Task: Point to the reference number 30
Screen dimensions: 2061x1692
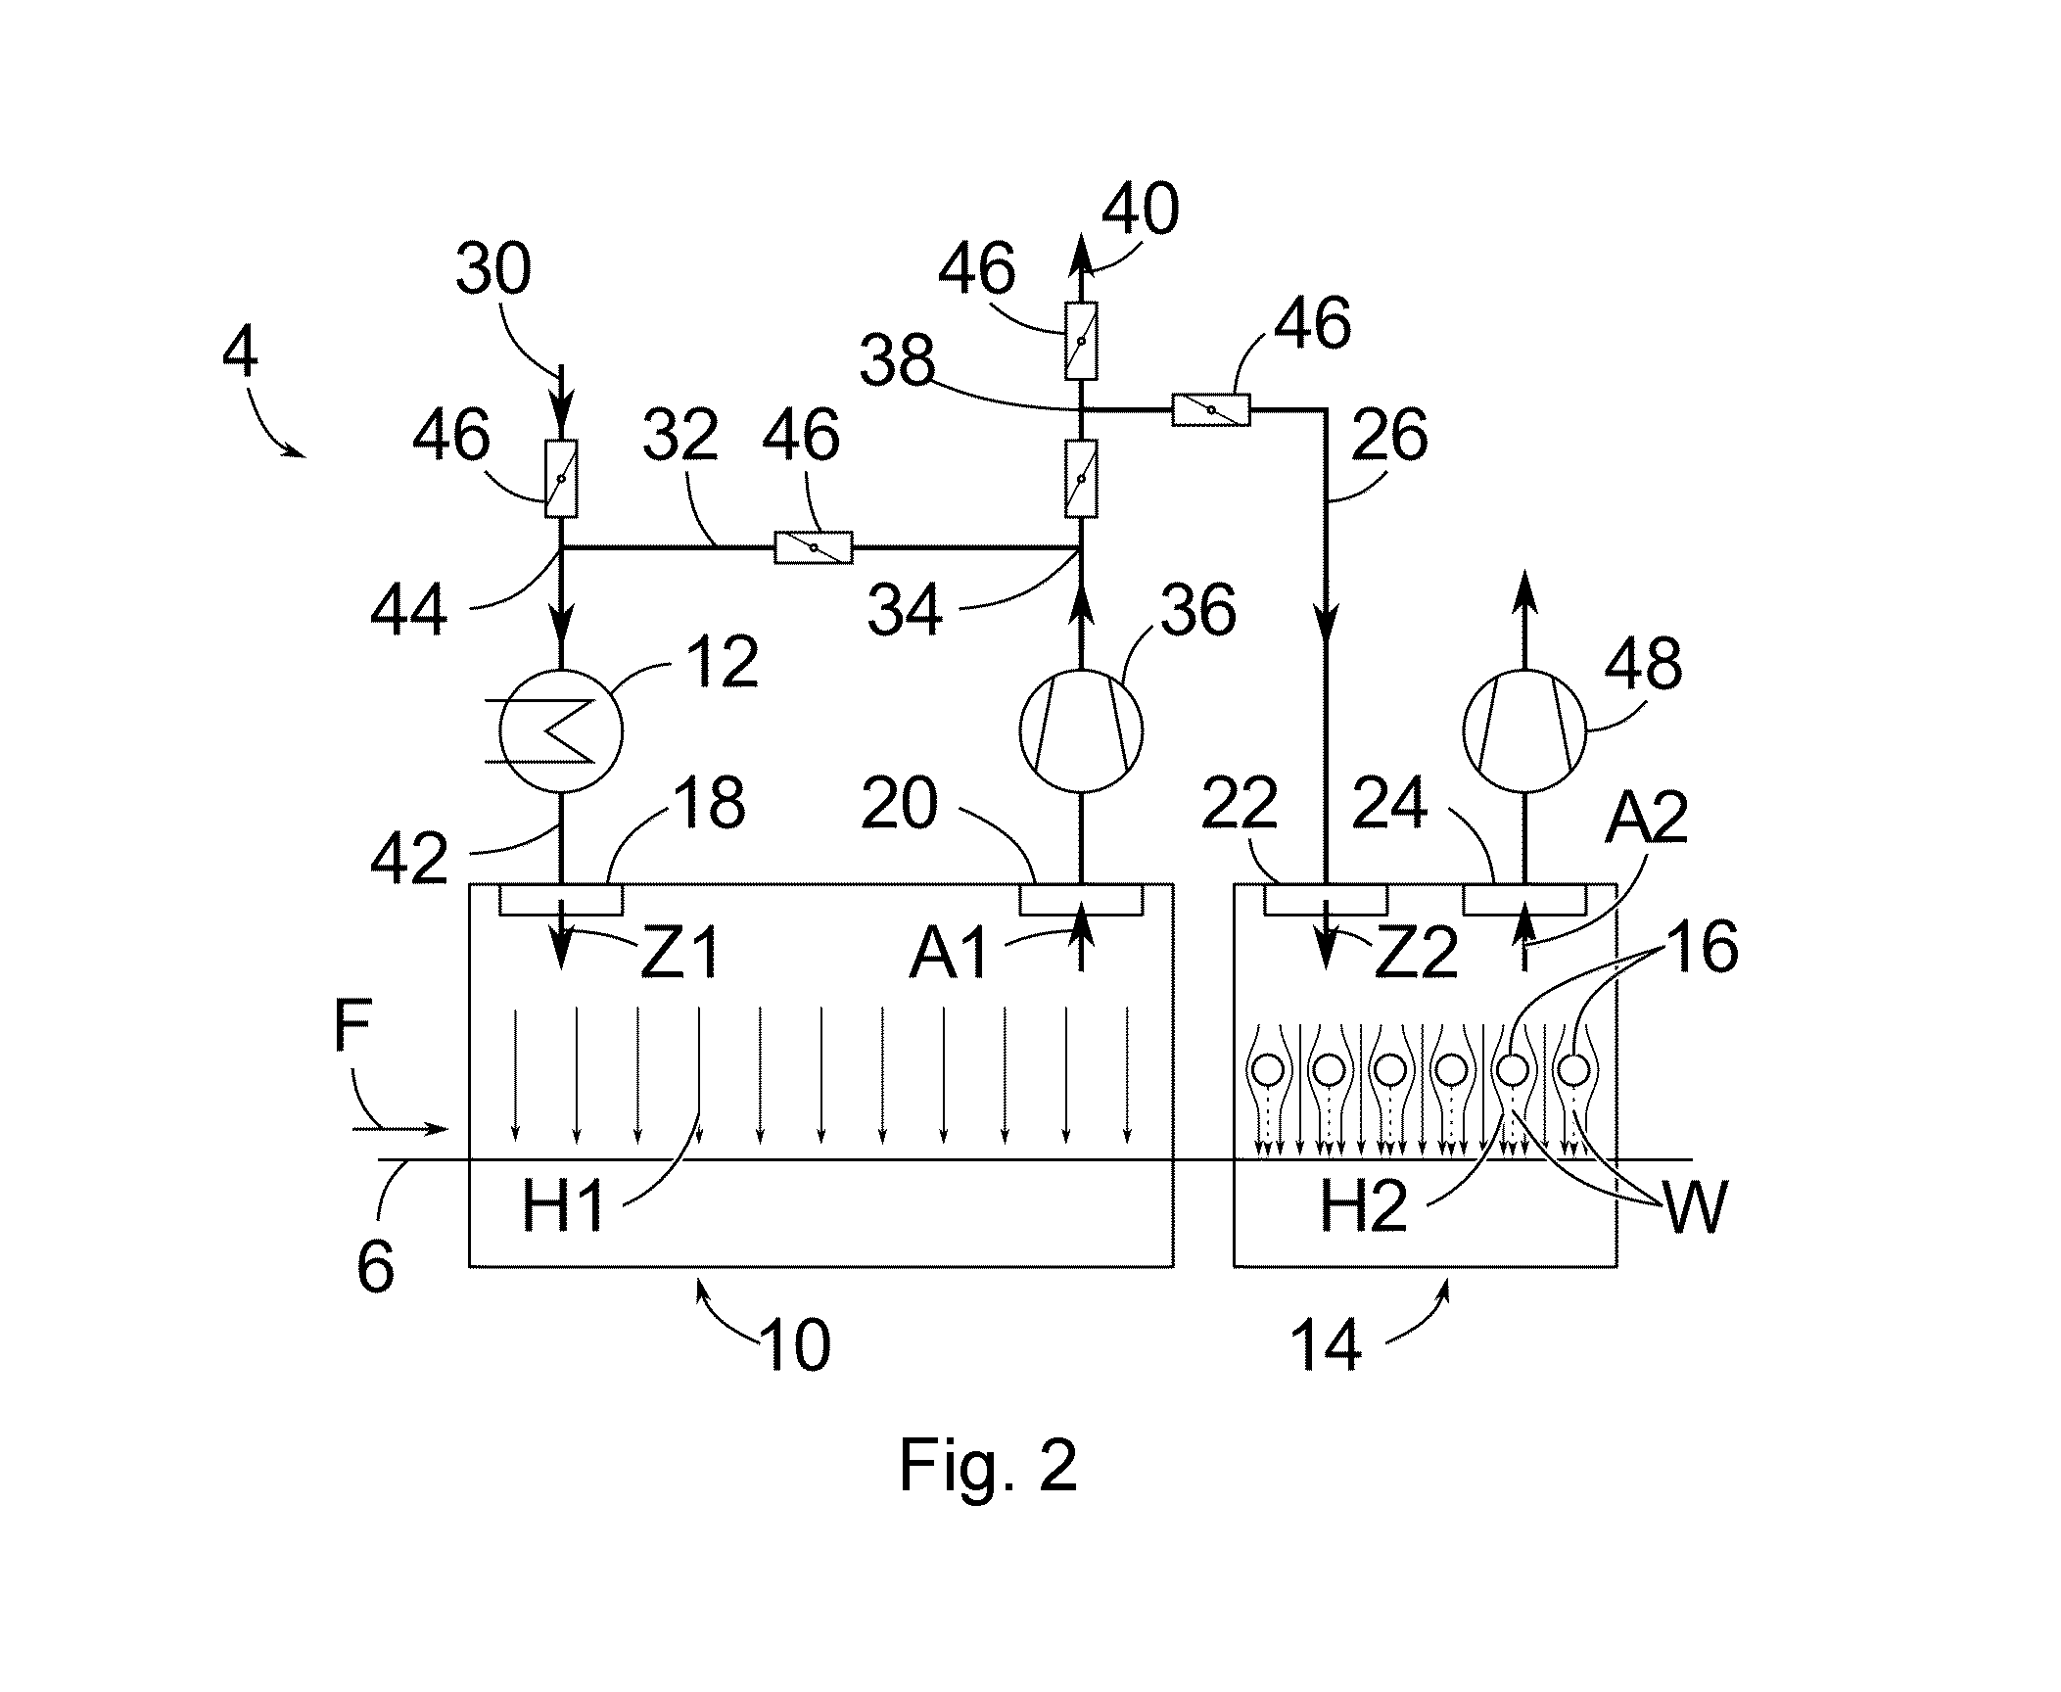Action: (x=493, y=268)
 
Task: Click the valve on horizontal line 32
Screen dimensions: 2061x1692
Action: (x=814, y=547)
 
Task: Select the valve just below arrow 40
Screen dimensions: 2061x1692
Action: (x=1081, y=341)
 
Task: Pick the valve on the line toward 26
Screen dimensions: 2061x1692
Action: (x=1211, y=409)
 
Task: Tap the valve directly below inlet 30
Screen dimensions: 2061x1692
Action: (x=561, y=478)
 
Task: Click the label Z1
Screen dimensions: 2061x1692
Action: (x=679, y=953)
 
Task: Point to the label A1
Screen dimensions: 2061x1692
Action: (x=949, y=953)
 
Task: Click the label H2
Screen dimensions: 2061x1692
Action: (x=1363, y=1206)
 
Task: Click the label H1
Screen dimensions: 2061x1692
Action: (x=563, y=1206)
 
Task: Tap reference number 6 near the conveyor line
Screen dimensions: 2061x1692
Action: (x=375, y=1266)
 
